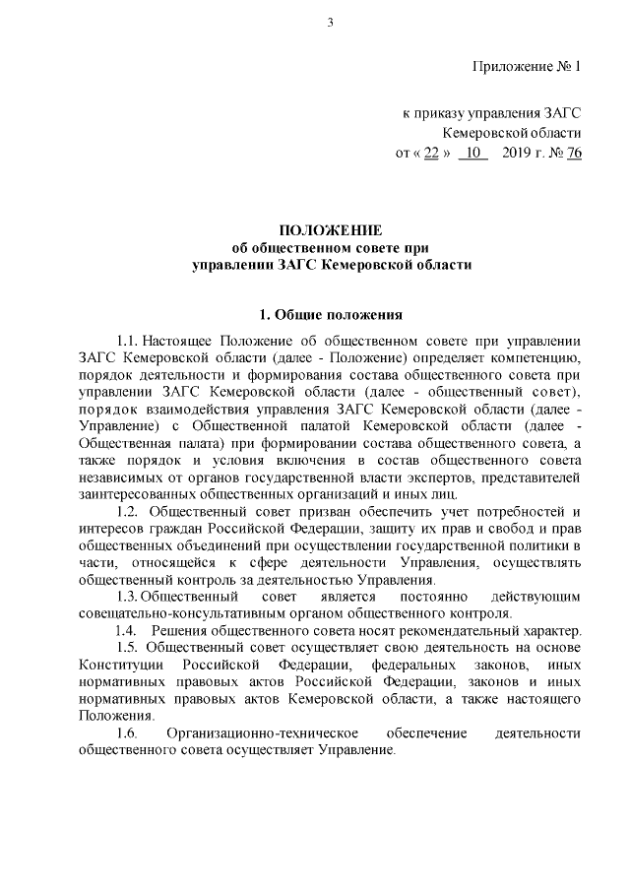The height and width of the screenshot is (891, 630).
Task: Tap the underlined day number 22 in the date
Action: (430, 153)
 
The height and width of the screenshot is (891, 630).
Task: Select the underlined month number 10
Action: (472, 153)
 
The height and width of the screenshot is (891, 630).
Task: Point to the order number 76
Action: (574, 153)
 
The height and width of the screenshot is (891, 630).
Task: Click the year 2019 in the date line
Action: (516, 153)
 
